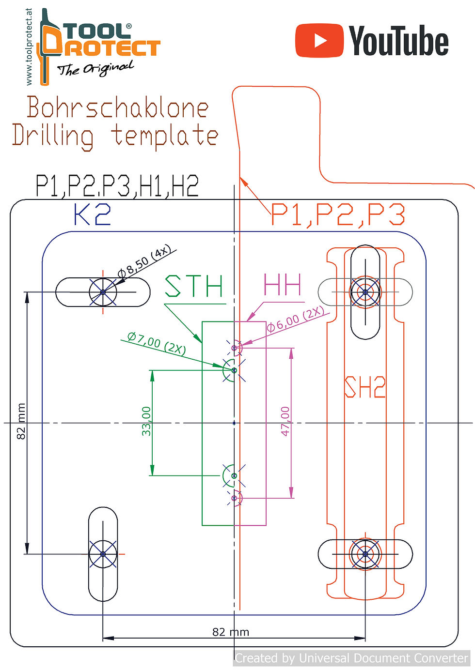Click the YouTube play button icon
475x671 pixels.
[x=320, y=41]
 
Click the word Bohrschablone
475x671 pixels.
[x=118, y=107]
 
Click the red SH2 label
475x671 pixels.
[x=364, y=387]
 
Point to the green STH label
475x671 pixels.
[x=194, y=286]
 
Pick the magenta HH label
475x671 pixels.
[x=282, y=284]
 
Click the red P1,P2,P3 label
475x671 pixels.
[x=338, y=214]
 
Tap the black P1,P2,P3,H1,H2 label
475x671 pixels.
[x=117, y=186]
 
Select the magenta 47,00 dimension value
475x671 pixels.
[x=285, y=421]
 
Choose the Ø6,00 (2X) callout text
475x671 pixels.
[x=295, y=319]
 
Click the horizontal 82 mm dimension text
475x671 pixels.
[x=231, y=632]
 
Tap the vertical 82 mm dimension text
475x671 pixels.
[x=21, y=421]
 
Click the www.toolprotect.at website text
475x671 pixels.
[x=29, y=47]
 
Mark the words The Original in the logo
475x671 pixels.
[x=95, y=68]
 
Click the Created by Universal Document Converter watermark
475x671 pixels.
[x=351, y=658]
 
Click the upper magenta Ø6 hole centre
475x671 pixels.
[x=235, y=348]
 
